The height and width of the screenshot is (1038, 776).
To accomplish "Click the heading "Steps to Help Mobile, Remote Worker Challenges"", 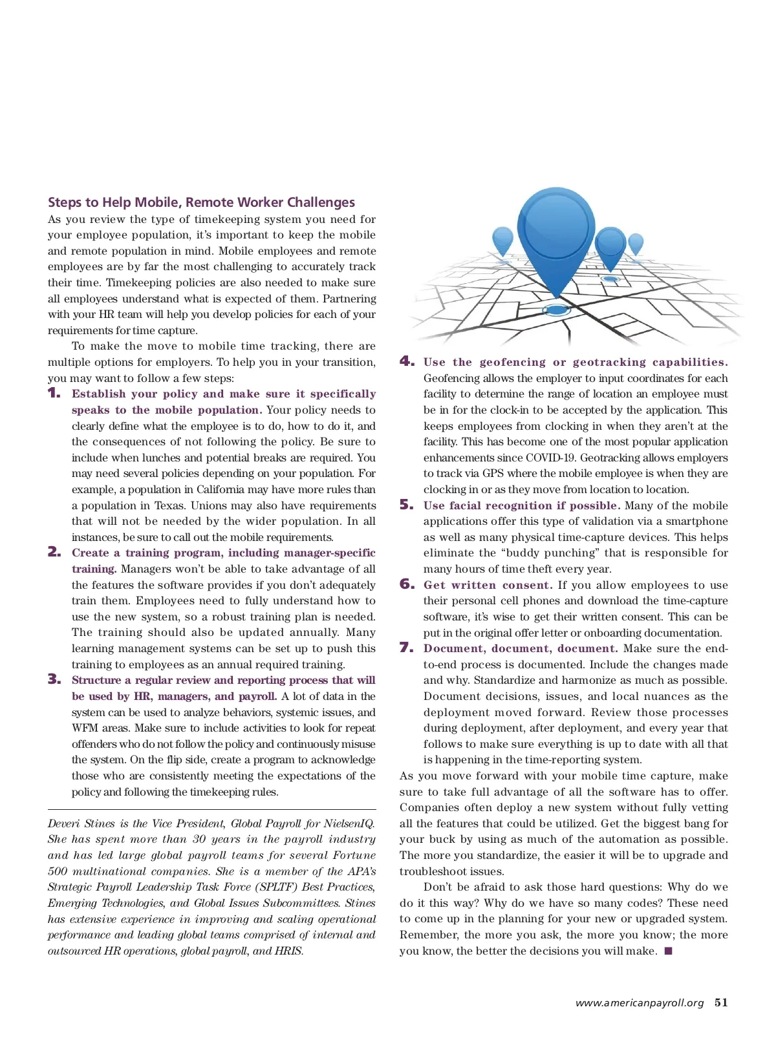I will pyautogui.click(x=201, y=202).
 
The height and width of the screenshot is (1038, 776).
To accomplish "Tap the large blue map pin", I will pyautogui.click(x=554, y=233).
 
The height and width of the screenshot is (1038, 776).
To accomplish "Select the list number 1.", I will pyautogui.click(x=54, y=393).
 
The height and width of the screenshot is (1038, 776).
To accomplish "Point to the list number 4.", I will pyautogui.click(x=407, y=361).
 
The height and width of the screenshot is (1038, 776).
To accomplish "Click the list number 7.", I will pyautogui.click(x=407, y=648).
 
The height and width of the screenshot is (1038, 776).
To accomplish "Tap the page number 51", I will pyautogui.click(x=721, y=1002).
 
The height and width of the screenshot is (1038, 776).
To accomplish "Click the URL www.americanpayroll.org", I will pyautogui.click(x=639, y=1003).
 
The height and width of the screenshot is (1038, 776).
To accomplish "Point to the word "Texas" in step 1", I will pyautogui.click(x=170, y=505).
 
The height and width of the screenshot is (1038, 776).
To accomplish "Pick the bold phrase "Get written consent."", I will pyautogui.click(x=488, y=585).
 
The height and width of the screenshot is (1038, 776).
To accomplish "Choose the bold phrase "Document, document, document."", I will pyautogui.click(x=521, y=648).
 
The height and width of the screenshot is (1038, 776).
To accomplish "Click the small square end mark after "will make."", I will pyautogui.click(x=669, y=951).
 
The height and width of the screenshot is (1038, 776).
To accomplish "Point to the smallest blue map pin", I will pyautogui.click(x=636, y=242).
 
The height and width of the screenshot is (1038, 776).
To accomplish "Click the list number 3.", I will pyautogui.click(x=54, y=679).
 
